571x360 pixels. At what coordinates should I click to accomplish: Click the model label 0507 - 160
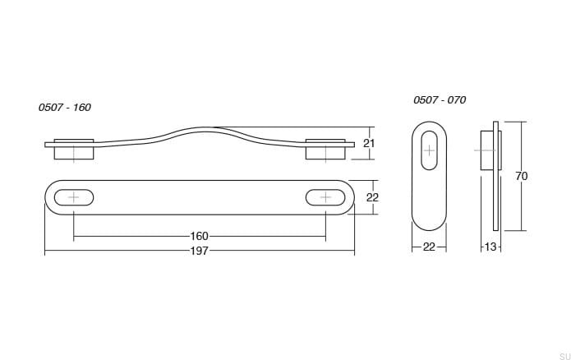click(x=64, y=108)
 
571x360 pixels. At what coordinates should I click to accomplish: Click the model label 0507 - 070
click(x=440, y=99)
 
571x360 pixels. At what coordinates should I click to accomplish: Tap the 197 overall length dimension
click(x=200, y=251)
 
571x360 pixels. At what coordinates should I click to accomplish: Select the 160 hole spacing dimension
click(x=200, y=236)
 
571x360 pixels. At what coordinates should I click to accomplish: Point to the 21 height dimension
click(x=369, y=143)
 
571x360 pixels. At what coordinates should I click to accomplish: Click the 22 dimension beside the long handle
click(x=372, y=197)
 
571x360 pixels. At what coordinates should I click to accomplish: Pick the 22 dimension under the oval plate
click(x=429, y=247)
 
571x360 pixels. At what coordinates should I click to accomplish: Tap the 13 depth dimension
click(x=490, y=247)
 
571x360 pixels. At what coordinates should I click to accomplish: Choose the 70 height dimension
click(x=522, y=176)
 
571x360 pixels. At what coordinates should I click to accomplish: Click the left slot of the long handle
click(x=74, y=197)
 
